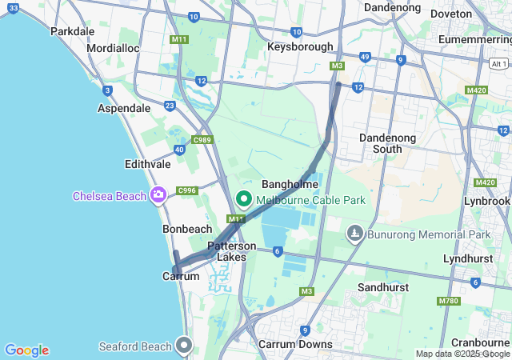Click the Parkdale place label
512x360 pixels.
click(x=72, y=31)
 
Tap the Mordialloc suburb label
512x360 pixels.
click(x=113, y=48)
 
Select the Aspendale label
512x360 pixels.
click(x=123, y=108)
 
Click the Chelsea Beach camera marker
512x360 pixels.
click(x=158, y=195)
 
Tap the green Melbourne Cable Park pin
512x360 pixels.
click(x=243, y=198)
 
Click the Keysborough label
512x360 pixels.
click(x=300, y=46)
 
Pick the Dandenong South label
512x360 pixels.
click(x=387, y=143)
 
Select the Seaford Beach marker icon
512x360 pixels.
click(x=185, y=346)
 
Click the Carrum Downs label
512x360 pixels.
click(x=295, y=344)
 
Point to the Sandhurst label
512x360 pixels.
click(x=383, y=286)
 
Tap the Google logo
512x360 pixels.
click(x=26, y=350)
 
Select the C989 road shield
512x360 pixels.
click(x=202, y=141)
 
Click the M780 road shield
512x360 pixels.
click(x=449, y=301)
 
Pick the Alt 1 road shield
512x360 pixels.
click(x=499, y=63)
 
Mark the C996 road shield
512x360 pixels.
click(x=187, y=190)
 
